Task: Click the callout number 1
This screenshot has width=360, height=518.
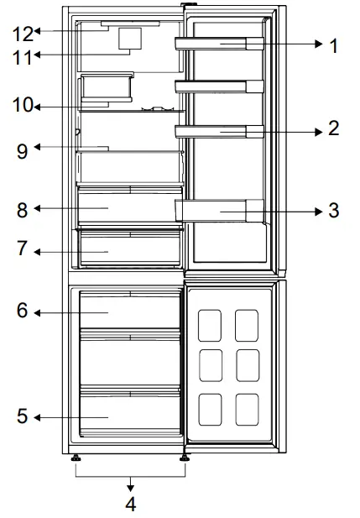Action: [334, 45]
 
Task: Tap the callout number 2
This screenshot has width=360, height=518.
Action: [334, 128]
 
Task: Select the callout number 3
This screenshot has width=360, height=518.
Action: [334, 210]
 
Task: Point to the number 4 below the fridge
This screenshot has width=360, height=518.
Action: [131, 504]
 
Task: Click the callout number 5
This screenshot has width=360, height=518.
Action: [22, 416]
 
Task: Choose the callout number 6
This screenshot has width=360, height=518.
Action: [22, 310]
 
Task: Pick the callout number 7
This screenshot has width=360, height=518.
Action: [22, 248]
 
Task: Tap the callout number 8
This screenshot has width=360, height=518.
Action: [22, 210]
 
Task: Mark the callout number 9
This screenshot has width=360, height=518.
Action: [22, 151]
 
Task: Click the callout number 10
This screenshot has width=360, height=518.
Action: [23, 105]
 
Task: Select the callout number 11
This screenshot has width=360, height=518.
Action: [22, 57]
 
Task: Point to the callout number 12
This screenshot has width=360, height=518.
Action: [23, 34]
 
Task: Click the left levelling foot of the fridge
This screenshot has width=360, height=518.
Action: [76, 458]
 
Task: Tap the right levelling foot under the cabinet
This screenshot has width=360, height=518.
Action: [185, 458]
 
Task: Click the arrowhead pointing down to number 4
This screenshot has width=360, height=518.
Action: [130, 488]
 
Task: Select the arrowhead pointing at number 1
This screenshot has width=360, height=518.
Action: [319, 44]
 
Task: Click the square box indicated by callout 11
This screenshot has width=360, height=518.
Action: [130, 39]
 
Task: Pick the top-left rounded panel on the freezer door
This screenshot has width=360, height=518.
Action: [210, 326]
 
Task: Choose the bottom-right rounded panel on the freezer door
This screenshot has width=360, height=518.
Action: [247, 410]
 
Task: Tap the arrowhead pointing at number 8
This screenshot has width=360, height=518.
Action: [37, 208]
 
